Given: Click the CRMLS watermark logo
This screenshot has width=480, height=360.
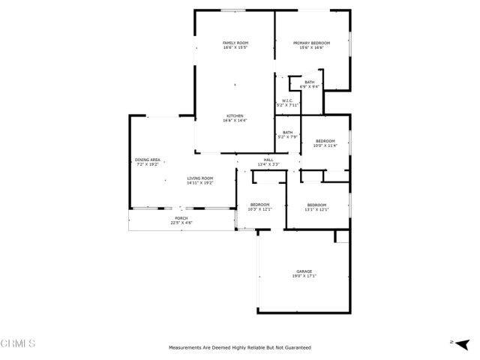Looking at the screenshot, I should tap(19, 344).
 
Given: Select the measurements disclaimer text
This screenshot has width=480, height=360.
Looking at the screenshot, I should tap(239, 347).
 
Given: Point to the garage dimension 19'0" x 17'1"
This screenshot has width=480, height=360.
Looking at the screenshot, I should tap(304, 277).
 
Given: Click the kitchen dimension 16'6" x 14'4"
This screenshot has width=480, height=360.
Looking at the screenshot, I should tap(235, 121).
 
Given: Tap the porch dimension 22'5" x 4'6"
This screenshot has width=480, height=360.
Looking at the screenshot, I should tap(181, 223).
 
